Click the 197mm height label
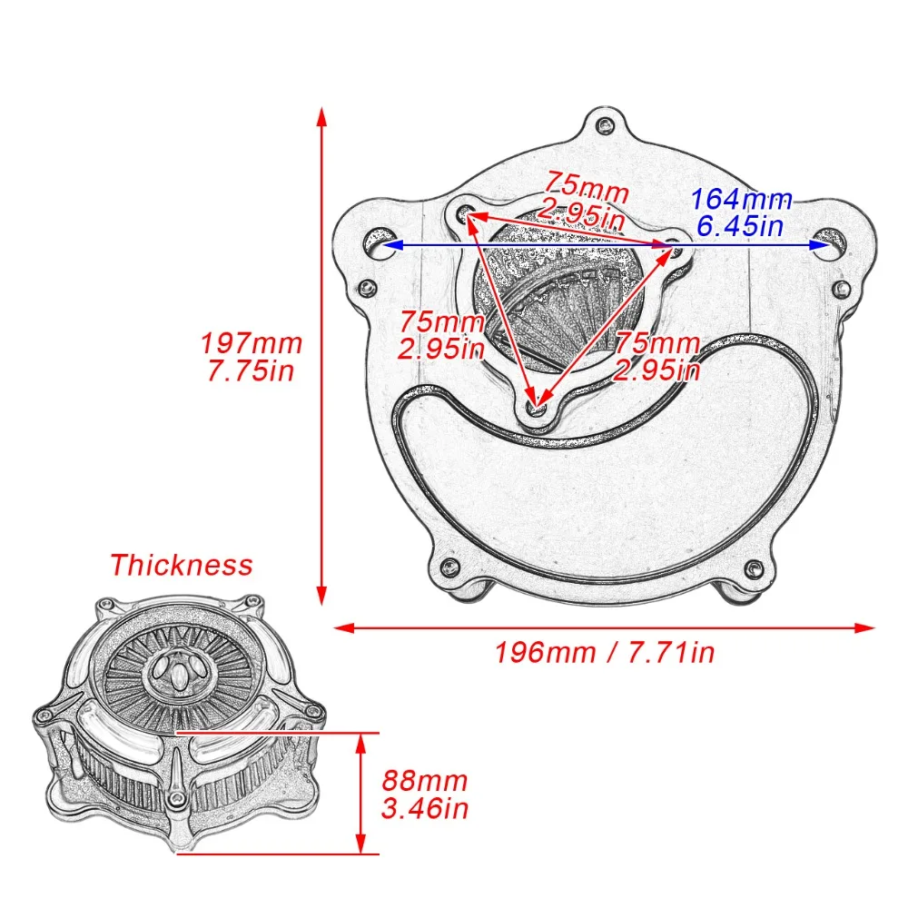[251, 344]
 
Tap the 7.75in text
[251, 371]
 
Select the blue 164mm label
[742, 200]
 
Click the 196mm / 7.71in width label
[605, 652]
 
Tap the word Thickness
[181, 565]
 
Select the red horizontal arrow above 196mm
[605, 627]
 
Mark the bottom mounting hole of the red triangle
[538, 406]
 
